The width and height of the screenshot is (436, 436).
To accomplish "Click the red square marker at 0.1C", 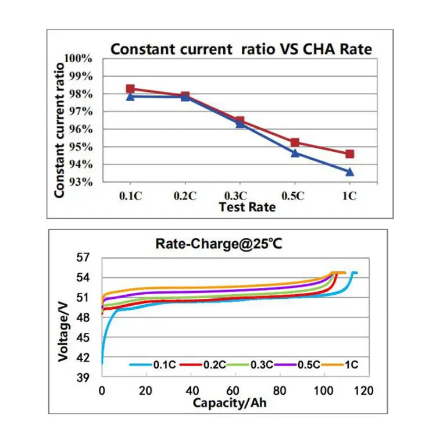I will tap(130, 89).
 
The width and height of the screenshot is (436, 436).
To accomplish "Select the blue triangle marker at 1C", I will tap(349, 171).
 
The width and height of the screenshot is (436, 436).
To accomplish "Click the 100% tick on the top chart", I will tap(80, 58).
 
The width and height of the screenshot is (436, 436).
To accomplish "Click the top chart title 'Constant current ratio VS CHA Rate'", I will tap(241, 49).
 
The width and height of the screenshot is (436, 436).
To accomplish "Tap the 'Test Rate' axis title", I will tap(247, 207).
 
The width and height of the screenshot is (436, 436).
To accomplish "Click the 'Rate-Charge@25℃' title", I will tap(219, 244).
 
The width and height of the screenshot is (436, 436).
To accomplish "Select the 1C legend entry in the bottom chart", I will tap(344, 364).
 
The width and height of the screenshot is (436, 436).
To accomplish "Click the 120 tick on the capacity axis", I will tap(365, 390).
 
